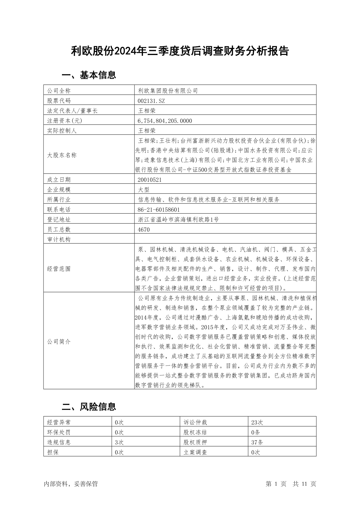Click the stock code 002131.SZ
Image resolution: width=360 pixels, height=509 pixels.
[151, 101]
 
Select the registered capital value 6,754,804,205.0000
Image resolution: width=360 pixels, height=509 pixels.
[165, 121]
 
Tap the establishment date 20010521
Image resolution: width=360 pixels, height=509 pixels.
[149, 180]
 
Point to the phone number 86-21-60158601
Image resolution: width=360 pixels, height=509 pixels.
[159, 209]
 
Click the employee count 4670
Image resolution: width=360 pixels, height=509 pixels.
[144, 230]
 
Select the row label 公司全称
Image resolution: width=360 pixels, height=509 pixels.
[59, 91]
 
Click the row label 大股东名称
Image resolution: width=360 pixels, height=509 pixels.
[62, 155]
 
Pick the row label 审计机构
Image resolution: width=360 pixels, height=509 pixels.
[59, 240]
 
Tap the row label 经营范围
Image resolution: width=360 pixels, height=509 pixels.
[59, 269]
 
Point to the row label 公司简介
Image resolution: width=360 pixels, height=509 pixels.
[59, 342]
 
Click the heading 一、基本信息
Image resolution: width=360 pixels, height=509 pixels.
[89, 75]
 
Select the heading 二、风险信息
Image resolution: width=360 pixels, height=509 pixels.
[89, 407]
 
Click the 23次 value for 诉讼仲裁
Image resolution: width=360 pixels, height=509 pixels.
[257, 422]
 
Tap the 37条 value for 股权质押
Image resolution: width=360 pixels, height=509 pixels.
[257, 442]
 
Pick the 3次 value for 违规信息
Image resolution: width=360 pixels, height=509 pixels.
[119, 442]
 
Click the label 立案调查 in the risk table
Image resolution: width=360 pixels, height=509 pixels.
[195, 452]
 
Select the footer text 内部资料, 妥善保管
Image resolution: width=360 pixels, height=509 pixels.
[71, 484]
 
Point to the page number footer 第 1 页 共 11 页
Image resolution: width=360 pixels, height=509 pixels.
[291, 484]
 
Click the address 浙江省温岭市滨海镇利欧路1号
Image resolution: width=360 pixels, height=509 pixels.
[178, 220]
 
